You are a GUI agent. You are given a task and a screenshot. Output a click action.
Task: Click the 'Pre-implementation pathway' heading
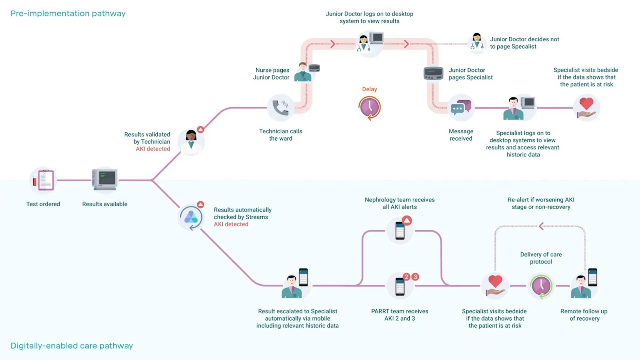(68, 13)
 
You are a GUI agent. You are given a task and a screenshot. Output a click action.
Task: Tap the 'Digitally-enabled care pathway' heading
(72, 345)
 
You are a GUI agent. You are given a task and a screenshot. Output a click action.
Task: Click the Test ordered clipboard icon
(43, 180)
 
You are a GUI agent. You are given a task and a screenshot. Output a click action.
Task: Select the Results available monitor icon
(104, 180)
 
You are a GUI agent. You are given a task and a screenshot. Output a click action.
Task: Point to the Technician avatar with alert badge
(191, 141)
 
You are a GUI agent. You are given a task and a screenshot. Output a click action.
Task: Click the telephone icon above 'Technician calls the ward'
(280, 108)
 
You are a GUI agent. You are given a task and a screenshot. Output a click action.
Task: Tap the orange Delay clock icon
(370, 108)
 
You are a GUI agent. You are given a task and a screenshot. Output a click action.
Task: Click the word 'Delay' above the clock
(369, 89)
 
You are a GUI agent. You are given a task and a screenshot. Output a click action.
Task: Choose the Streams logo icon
(192, 217)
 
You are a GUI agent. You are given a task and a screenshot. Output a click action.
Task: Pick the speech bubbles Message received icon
(461, 108)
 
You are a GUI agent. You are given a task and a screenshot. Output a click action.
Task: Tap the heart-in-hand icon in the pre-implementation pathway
(587, 108)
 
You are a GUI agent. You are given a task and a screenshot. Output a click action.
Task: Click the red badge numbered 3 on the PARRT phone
(416, 277)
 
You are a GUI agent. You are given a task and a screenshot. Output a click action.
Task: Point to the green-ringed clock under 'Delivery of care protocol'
(541, 286)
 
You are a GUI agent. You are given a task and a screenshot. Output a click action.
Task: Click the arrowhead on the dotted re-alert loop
(541, 226)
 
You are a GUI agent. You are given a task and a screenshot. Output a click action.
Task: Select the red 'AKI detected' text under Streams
(231, 224)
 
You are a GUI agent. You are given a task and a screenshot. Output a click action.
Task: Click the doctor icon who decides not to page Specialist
(477, 43)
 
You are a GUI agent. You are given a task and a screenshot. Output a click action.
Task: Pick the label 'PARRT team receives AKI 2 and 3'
(400, 315)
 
